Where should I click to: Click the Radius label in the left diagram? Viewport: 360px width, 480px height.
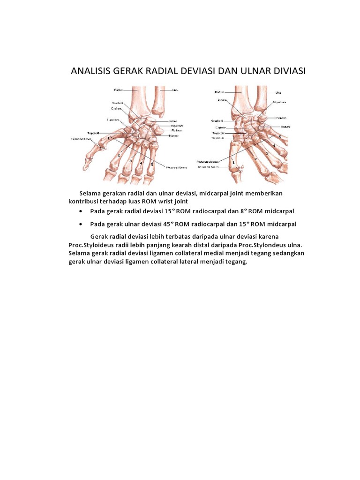(118, 89)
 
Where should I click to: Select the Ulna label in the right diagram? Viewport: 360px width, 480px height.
(278, 93)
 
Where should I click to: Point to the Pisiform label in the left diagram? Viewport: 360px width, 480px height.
(176, 130)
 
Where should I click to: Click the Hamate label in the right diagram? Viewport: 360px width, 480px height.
(285, 127)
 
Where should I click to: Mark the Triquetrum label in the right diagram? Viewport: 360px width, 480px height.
(280, 102)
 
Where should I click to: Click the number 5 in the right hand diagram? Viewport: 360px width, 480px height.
(280, 136)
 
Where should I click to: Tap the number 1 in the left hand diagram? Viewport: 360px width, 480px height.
(109, 138)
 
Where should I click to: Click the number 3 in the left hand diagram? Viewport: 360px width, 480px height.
(131, 161)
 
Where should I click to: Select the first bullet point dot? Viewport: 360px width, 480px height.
(82, 211)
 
